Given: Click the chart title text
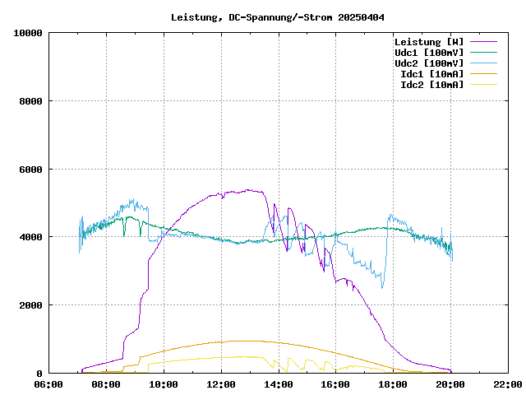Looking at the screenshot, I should [278, 17].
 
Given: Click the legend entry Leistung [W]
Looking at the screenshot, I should [428, 41].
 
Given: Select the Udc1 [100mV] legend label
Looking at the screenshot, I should [428, 52].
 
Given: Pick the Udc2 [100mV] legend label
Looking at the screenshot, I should [428, 63].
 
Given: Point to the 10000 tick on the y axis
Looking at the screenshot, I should [28, 33].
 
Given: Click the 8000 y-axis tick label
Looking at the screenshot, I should [31, 101].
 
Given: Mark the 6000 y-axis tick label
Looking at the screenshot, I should [31, 170].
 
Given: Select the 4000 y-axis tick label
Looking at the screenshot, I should [31, 237].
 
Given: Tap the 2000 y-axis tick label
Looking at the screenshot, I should [31, 305].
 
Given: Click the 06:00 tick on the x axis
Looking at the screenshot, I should [48, 384].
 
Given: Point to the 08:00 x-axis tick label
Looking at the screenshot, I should [106, 384].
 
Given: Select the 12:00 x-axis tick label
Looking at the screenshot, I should [221, 384].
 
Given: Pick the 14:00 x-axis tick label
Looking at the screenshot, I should [279, 384].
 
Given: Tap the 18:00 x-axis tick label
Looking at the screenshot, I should [393, 384].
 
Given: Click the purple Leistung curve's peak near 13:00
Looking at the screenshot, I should [248, 190].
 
